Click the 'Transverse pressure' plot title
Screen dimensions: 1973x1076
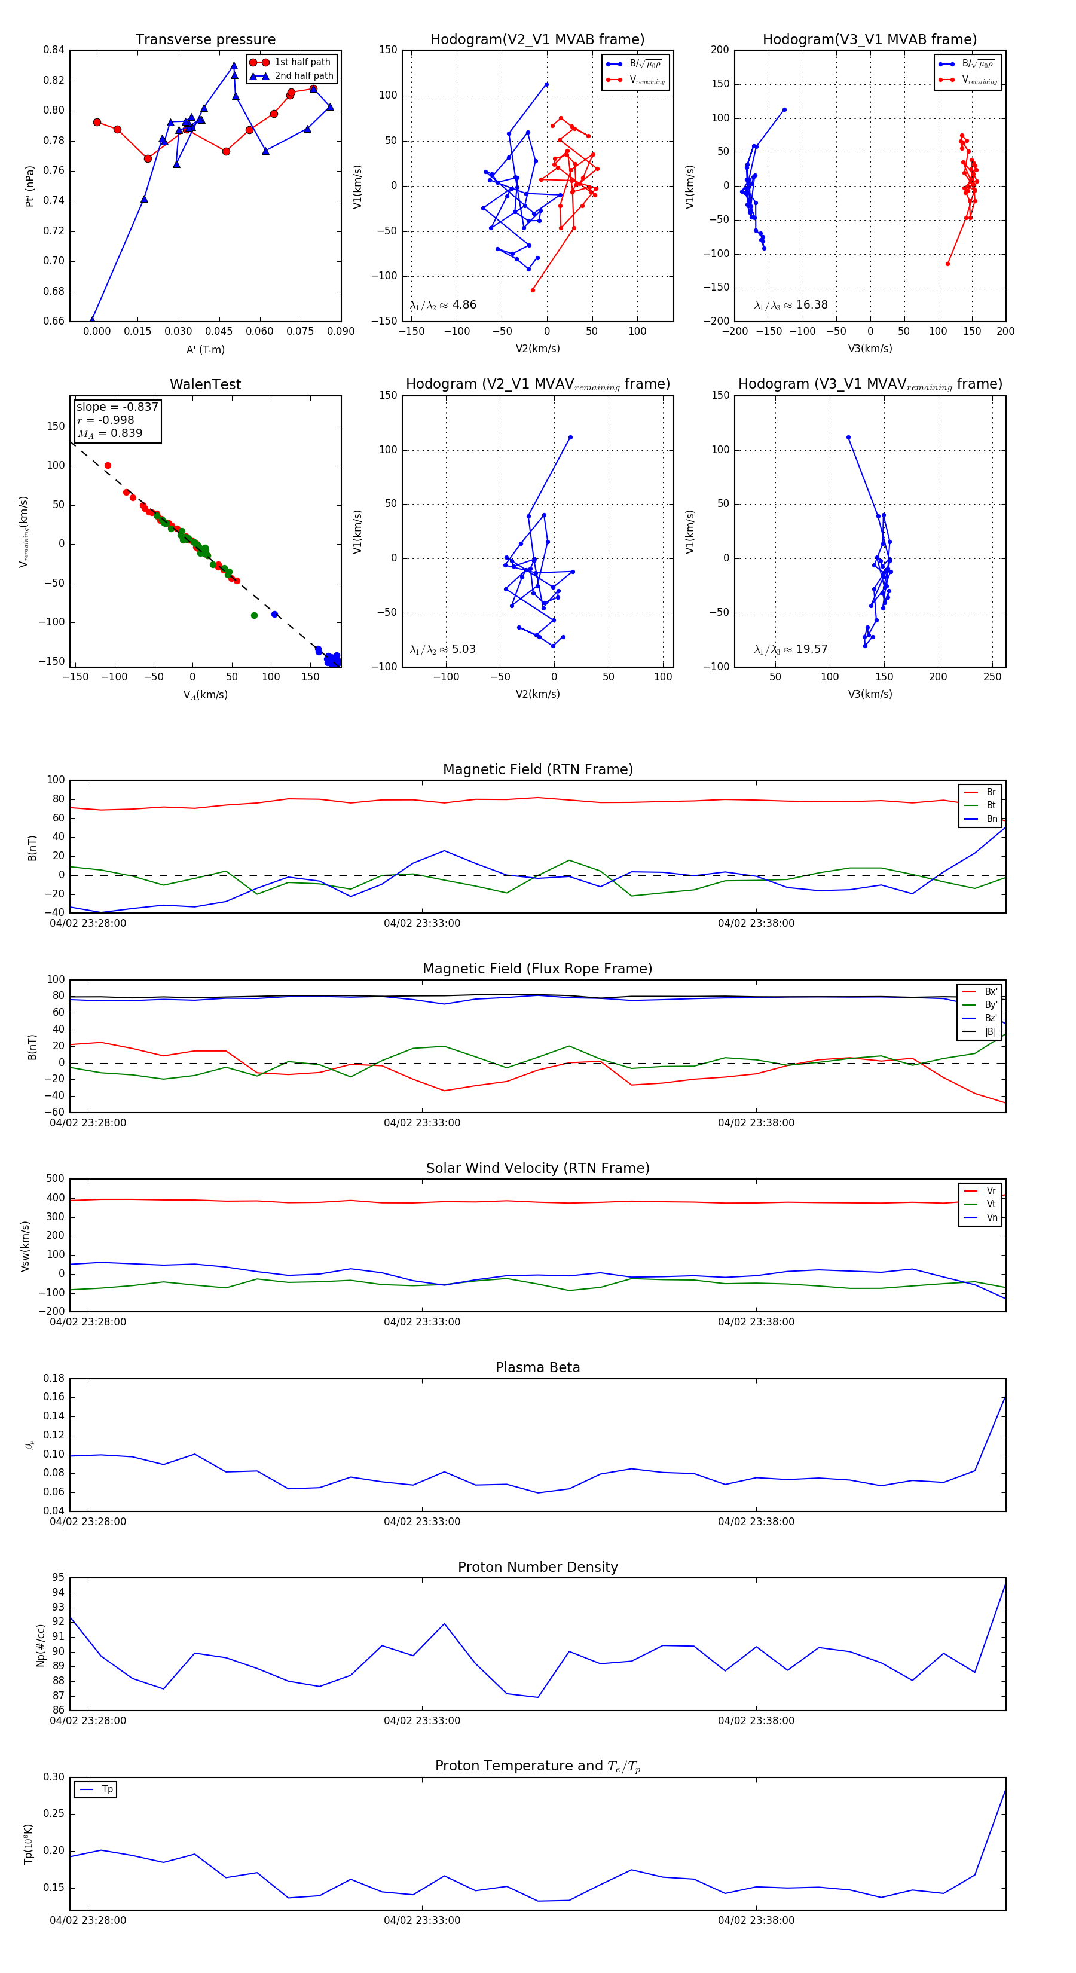(205, 40)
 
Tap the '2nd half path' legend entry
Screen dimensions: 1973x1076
(303, 76)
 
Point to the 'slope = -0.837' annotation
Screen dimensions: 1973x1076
(117, 407)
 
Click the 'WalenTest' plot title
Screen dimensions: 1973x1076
(205, 384)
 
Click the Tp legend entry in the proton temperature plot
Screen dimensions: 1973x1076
(106, 1789)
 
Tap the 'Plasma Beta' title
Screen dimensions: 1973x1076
(537, 1367)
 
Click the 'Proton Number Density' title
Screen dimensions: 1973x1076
(537, 1567)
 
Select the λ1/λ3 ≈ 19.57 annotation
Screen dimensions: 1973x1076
(790, 649)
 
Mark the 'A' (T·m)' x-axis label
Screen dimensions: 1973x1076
(205, 349)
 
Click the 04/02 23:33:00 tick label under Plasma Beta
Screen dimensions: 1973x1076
(422, 1521)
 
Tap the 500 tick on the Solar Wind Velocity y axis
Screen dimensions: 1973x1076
(55, 1179)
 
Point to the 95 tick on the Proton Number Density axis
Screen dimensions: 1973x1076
(58, 1578)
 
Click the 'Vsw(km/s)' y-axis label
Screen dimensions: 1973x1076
(25, 1246)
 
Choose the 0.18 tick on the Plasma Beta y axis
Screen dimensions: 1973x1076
(54, 1378)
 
